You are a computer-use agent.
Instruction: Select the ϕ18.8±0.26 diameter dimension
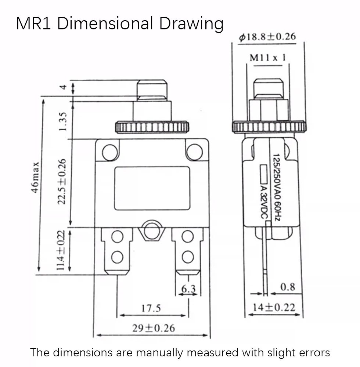267,37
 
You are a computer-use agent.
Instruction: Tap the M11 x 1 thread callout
268,58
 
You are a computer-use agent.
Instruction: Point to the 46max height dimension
35,177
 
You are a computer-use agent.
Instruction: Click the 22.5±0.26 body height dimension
62,182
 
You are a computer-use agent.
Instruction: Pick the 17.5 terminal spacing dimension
151,308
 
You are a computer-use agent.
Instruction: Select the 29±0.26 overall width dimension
154,328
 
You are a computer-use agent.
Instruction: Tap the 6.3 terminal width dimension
188,289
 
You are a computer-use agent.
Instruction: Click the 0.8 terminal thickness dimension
288,287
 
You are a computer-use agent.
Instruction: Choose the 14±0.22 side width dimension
274,307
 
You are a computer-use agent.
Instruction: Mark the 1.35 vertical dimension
63,122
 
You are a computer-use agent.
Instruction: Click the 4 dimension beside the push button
63,87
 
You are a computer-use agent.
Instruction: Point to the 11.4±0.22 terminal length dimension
61,250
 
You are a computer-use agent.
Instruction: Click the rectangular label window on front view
152,188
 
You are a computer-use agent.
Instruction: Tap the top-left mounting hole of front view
110,152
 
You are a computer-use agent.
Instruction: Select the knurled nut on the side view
269,127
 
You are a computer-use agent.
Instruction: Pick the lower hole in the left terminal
117,257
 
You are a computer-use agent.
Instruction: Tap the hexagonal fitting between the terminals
152,230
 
